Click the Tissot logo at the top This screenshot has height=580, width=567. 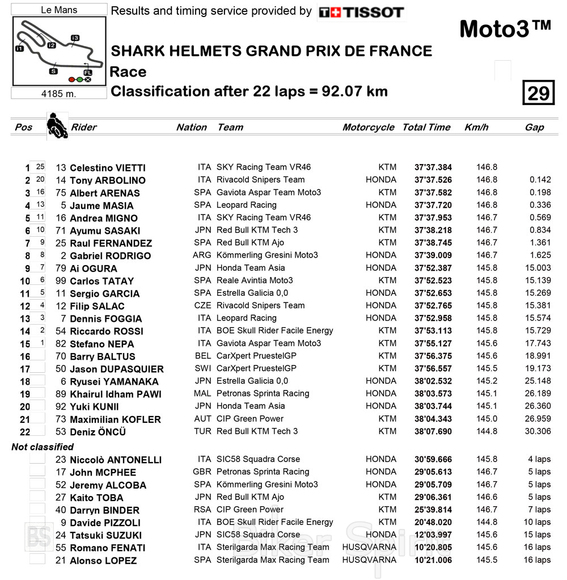point(361,12)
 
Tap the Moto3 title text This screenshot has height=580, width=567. point(504,29)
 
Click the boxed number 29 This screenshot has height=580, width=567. point(538,93)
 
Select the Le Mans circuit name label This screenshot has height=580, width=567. point(59,10)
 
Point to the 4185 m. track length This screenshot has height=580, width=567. point(58,94)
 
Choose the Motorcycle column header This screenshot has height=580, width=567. point(368,127)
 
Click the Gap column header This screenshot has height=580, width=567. point(534,127)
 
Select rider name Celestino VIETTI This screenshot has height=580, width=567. point(107,168)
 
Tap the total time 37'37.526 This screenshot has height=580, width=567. point(433,180)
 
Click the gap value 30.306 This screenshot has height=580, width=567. point(538,431)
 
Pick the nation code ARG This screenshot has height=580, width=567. point(202,255)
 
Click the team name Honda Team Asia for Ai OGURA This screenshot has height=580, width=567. point(251,268)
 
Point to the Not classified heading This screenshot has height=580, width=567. point(43,447)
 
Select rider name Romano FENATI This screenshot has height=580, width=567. point(107,548)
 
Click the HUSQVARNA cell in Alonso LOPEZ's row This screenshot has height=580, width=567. point(369,560)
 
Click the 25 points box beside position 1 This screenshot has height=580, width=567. point(40,167)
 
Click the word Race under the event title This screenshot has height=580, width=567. point(128,72)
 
